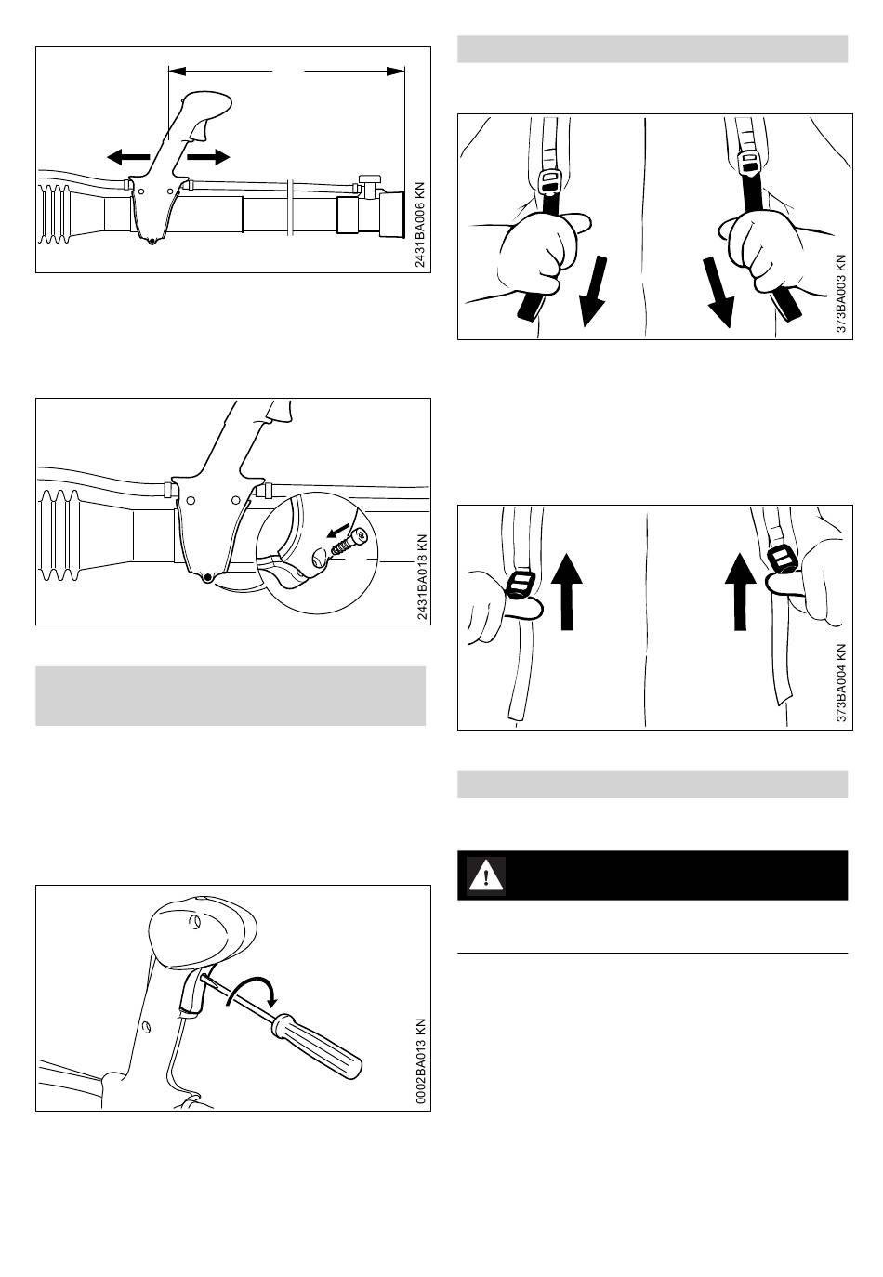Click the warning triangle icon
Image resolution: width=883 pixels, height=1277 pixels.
click(x=486, y=875)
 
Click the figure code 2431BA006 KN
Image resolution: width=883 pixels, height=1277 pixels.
click(x=420, y=225)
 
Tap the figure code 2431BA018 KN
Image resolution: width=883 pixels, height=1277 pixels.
click(x=422, y=577)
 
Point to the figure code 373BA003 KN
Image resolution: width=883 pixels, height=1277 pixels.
click(x=841, y=294)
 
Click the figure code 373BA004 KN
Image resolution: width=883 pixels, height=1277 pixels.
click(x=841, y=683)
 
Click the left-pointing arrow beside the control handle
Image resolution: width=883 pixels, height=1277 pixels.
click(x=128, y=156)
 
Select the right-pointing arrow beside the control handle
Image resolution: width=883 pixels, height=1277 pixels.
click(x=208, y=156)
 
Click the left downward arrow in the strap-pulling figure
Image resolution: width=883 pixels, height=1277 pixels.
click(x=593, y=291)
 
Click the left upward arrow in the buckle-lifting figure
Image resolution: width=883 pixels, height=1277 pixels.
click(x=567, y=591)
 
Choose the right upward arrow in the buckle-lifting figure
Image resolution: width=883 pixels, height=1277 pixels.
click(x=740, y=591)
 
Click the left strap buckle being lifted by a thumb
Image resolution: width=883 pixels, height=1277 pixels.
click(x=520, y=583)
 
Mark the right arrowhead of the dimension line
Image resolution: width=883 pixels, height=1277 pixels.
click(x=396, y=72)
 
